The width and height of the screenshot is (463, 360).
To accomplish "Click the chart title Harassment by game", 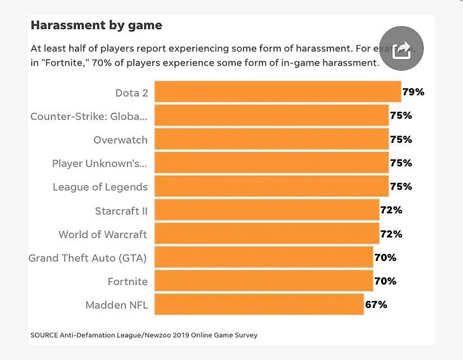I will tap(96, 26).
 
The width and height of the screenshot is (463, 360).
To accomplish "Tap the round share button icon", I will tap(401, 48).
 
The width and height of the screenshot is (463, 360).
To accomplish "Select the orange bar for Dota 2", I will tap(278, 92).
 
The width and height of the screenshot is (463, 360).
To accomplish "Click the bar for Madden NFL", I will tap(259, 304).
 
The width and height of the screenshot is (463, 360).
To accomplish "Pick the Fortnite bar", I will tap(264, 281).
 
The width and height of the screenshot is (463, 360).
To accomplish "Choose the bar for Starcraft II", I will tap(267, 210).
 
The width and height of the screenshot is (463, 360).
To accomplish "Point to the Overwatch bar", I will tap(271, 139).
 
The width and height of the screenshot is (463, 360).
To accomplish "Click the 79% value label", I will tap(414, 92).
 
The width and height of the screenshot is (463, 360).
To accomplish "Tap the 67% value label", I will tap(376, 304).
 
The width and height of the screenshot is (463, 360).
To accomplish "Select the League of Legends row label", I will tap(100, 187).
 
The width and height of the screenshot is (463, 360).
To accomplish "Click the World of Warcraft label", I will tap(103, 234).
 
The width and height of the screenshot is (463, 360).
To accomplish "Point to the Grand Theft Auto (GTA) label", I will tap(88, 258).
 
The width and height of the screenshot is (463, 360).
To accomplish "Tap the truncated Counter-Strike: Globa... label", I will tap(89, 116).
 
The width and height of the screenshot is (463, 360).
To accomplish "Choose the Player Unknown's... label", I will tap(100, 163).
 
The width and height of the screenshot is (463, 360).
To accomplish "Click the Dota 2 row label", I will tap(131, 93).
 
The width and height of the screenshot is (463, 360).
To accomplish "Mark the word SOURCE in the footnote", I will tap(42, 335).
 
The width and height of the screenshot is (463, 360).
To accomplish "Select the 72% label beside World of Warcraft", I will tap(391, 234).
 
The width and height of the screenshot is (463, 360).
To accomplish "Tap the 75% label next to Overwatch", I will tap(401, 139).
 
